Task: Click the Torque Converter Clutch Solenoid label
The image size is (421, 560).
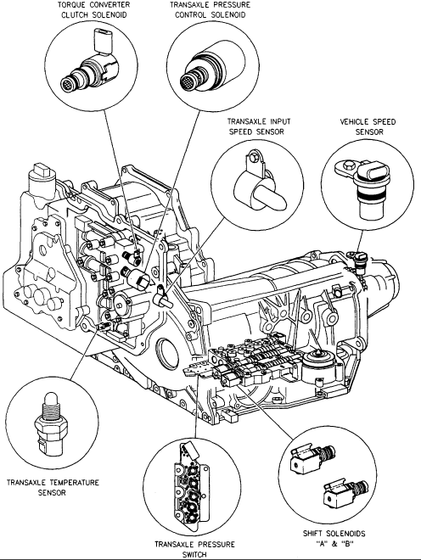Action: click(94, 10)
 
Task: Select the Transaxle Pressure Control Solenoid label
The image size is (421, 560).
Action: click(210, 10)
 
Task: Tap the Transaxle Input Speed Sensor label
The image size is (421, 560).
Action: click(259, 126)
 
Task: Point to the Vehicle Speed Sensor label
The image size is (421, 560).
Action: click(368, 126)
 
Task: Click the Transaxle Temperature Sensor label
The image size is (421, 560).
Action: click(53, 488)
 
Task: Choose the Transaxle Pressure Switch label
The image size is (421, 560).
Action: click(194, 549)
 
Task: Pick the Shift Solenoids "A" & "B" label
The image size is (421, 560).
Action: click(334, 539)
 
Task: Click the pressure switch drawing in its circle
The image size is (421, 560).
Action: click(190, 484)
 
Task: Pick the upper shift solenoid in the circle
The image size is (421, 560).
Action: click(312, 458)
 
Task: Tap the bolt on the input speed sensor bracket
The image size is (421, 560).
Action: click(253, 156)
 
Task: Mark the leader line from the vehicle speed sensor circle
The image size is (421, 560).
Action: click(360, 240)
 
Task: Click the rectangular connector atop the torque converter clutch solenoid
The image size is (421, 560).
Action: click(104, 40)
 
